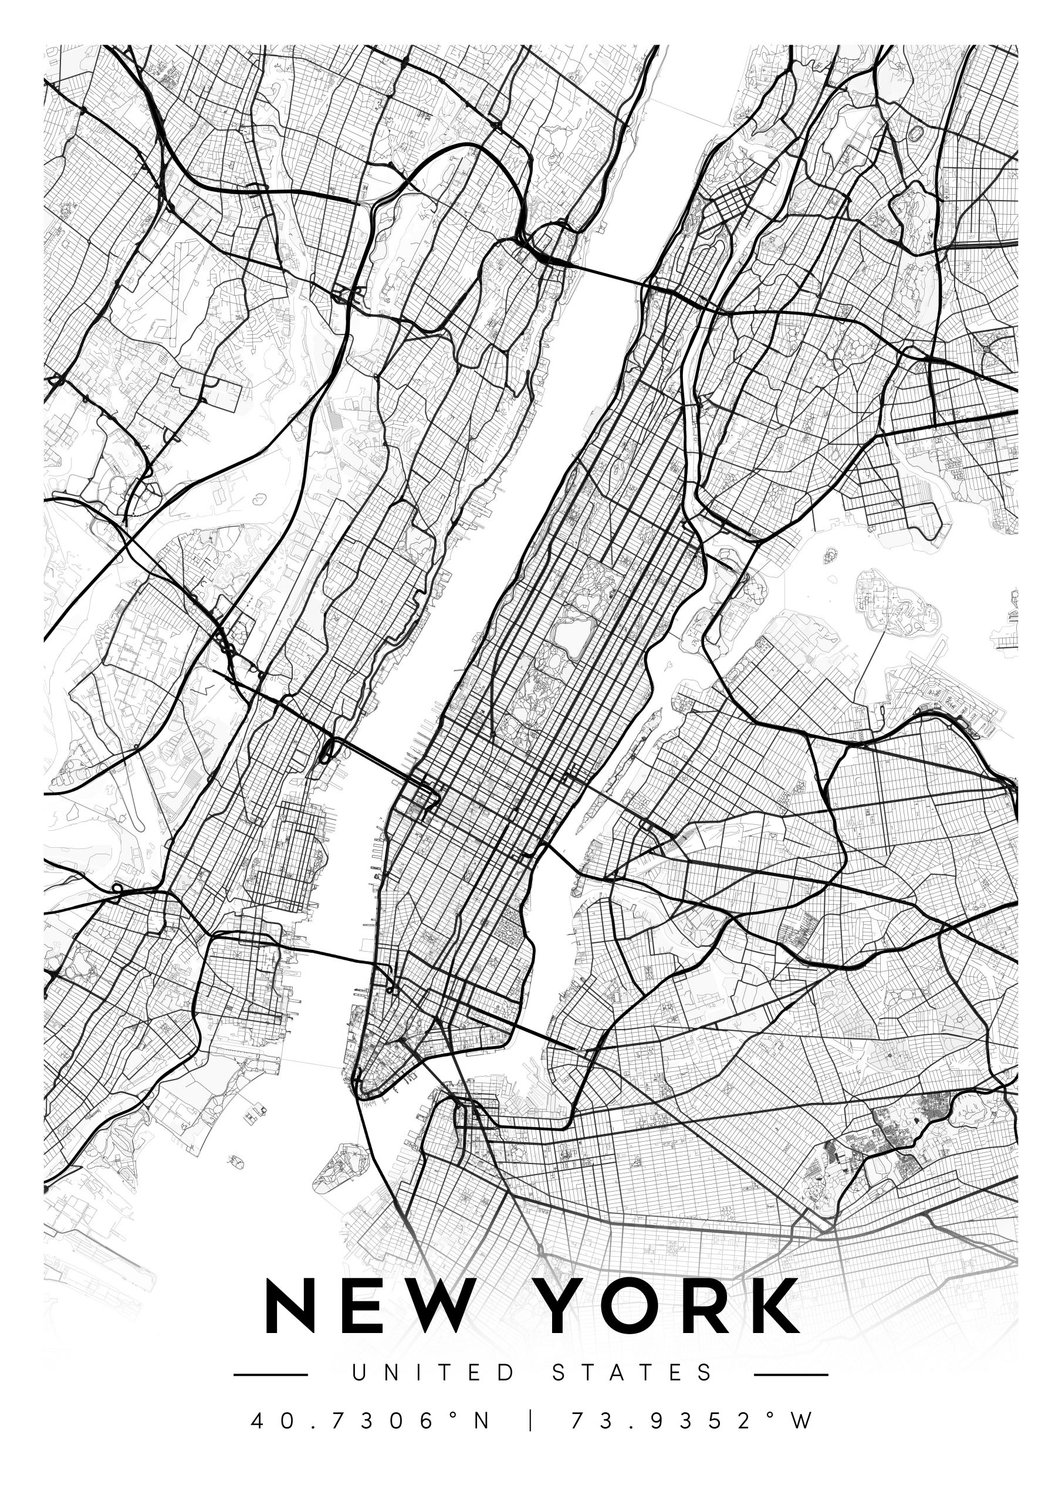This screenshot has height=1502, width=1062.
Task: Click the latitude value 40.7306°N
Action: click(370, 1420)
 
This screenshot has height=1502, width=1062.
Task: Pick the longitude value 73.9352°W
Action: click(692, 1420)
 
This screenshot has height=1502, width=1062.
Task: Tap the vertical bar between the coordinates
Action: click(530, 1420)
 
